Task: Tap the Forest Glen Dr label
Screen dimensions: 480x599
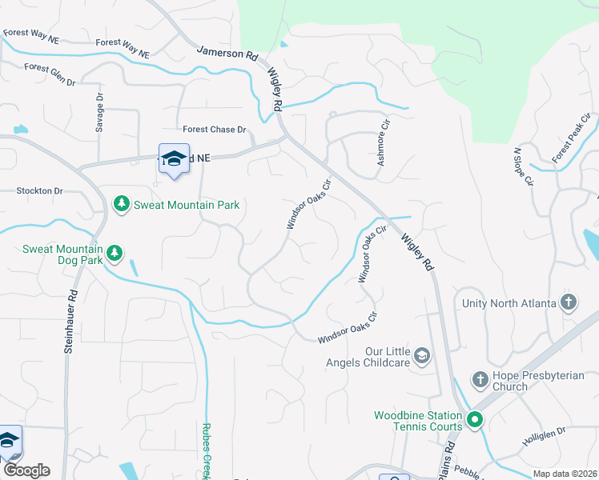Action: (x=50, y=76)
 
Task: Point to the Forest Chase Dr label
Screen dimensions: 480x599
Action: (x=214, y=130)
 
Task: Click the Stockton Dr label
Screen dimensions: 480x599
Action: (x=39, y=191)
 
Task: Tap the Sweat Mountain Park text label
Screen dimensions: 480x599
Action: (x=186, y=206)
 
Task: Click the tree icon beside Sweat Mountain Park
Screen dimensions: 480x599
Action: (x=122, y=205)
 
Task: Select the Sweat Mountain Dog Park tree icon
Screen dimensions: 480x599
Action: (x=114, y=254)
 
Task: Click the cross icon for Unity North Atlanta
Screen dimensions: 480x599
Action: (x=568, y=302)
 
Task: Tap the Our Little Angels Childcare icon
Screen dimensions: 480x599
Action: (x=422, y=354)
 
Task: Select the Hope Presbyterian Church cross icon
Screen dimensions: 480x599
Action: (x=480, y=378)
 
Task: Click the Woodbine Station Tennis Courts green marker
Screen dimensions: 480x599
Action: (x=474, y=418)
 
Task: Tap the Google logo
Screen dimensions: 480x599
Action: (x=26, y=470)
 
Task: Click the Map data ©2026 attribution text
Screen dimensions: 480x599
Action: (x=564, y=474)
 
